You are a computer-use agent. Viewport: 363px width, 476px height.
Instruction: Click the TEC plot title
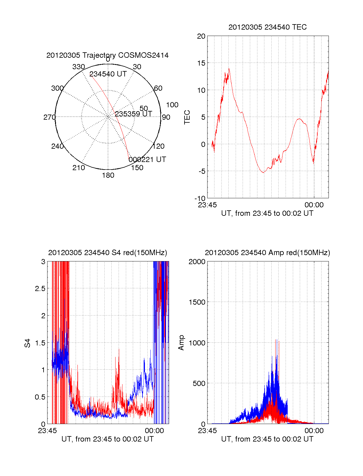click(x=267, y=27)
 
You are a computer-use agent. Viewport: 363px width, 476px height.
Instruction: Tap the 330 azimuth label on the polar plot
click(x=78, y=67)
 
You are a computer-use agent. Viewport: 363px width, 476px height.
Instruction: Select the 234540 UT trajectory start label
click(x=108, y=74)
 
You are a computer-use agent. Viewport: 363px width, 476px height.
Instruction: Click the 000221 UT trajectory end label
click(x=147, y=159)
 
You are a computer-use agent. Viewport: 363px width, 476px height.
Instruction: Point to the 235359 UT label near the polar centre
click(x=133, y=114)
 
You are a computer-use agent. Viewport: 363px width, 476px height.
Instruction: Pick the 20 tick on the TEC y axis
click(x=201, y=36)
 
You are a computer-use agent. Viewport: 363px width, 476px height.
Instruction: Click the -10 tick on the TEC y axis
click(x=200, y=199)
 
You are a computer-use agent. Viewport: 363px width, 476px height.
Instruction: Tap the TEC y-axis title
click(x=187, y=117)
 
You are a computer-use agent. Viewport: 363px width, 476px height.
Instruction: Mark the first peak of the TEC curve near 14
click(x=229, y=69)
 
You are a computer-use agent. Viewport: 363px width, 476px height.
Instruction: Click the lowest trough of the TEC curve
click(x=263, y=172)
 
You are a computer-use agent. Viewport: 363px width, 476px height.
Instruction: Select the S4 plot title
click(x=107, y=253)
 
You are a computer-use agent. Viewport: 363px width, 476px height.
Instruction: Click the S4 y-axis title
click(x=28, y=343)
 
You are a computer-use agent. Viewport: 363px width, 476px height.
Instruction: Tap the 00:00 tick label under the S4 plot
click(x=154, y=431)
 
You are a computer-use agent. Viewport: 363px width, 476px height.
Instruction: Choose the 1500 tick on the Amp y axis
click(x=197, y=302)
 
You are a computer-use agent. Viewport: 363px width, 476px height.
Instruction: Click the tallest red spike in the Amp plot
click(x=276, y=340)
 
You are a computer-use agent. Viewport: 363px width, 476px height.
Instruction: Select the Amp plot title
click(x=267, y=253)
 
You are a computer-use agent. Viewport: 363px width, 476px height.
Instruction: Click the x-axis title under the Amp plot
click(x=267, y=439)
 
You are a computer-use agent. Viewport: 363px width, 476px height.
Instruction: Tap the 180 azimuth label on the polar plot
click(x=108, y=175)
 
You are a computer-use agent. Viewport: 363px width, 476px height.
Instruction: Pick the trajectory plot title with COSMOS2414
click(x=107, y=55)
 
